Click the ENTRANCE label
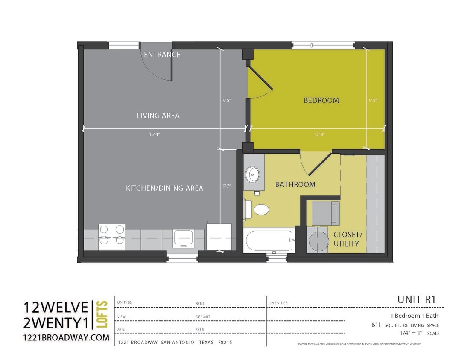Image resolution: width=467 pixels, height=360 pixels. click(x=162, y=55)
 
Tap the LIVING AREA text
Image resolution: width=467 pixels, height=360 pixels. click(x=158, y=116)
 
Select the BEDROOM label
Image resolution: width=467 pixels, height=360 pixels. click(x=321, y=100)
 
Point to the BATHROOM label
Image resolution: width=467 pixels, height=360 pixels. click(x=295, y=184)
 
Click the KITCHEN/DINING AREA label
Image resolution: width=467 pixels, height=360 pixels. click(x=164, y=188)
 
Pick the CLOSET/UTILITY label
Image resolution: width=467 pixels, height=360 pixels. click(x=348, y=239)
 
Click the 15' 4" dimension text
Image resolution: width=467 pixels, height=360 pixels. click(x=155, y=134)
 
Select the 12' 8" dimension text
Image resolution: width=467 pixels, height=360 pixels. click(x=319, y=134)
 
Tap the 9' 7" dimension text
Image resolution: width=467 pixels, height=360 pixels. click(x=226, y=186)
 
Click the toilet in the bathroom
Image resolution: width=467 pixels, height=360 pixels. click(x=259, y=210)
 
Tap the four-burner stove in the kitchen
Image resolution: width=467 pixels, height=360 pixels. click(x=112, y=237)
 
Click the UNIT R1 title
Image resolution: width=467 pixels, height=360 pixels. click(x=416, y=299)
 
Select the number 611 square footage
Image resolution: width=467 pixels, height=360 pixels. click(x=376, y=325)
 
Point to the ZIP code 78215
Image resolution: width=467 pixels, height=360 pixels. click(x=225, y=343)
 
